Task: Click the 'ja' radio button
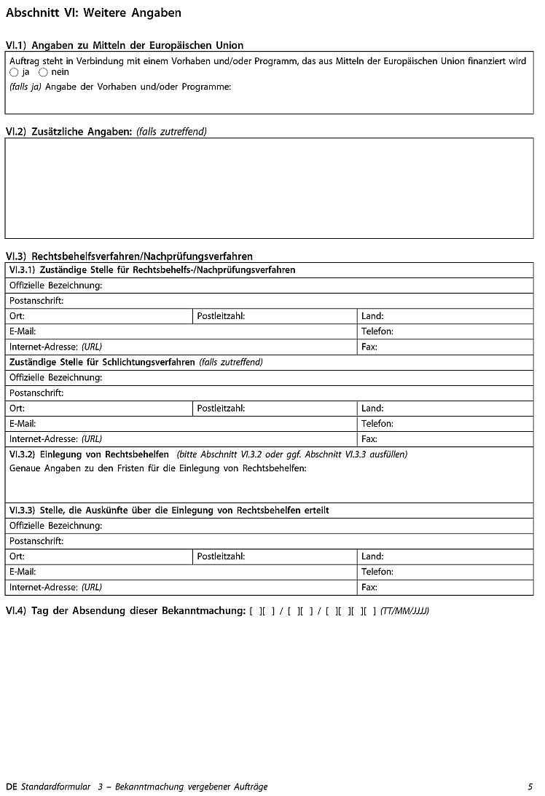[x=14, y=73]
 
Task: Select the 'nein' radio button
[x=43, y=73]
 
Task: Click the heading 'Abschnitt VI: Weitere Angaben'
[x=93, y=13]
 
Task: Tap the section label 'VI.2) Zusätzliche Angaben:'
[x=69, y=132]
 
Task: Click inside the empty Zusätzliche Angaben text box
[x=269, y=188]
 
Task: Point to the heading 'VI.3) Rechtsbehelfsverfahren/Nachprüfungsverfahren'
[x=129, y=256]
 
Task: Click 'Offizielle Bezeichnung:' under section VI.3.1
[x=55, y=285]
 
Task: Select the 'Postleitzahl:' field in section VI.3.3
[x=221, y=556]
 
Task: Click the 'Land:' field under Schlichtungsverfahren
[x=372, y=409]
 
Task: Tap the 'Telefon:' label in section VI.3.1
[x=377, y=331]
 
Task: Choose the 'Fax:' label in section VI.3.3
[x=369, y=587]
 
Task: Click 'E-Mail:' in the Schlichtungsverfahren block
[x=23, y=424]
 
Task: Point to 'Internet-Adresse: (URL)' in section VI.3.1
[x=55, y=347]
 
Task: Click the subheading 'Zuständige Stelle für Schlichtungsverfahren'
[x=102, y=362]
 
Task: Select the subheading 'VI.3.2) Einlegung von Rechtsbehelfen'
[x=89, y=454]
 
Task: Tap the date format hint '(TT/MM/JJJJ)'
[x=404, y=611]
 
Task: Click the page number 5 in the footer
[x=530, y=787]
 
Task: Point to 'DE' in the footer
[x=11, y=787]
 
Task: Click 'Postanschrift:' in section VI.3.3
[x=36, y=541]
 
